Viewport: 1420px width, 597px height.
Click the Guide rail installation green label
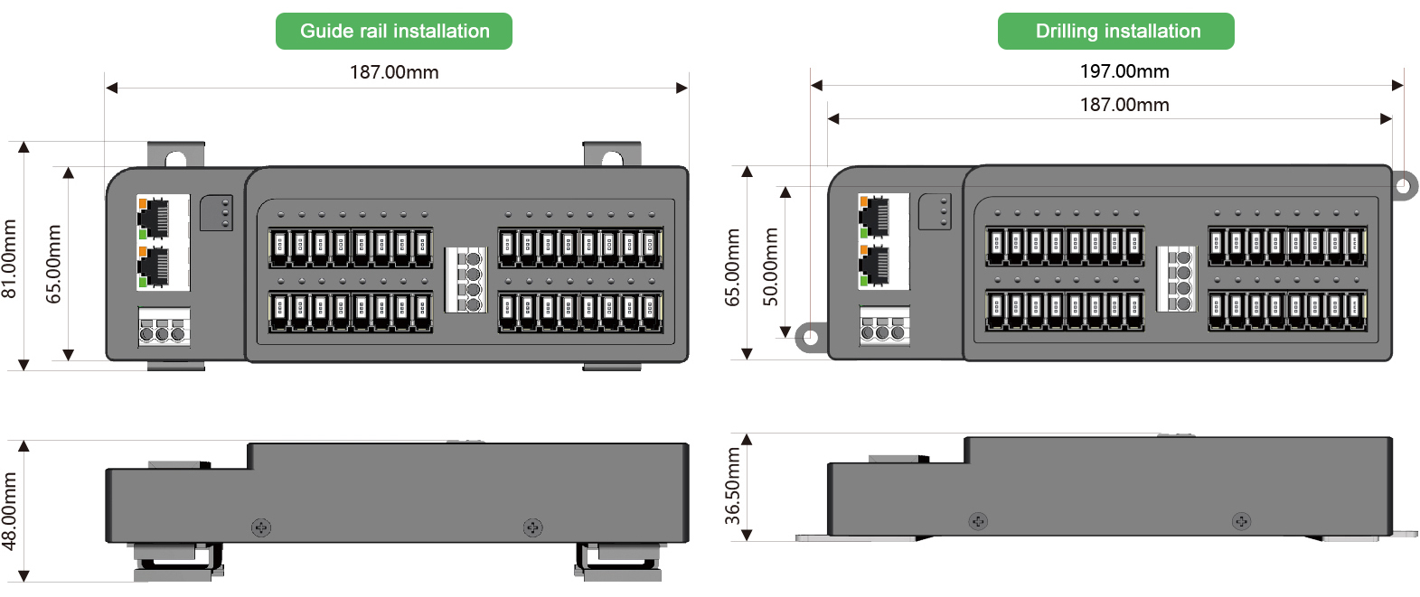click(394, 32)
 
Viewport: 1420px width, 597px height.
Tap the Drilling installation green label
click(1116, 32)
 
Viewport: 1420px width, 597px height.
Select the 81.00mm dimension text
click(10, 257)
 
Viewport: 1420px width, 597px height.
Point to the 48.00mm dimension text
click(10, 510)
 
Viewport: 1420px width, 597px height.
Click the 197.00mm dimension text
click(1124, 71)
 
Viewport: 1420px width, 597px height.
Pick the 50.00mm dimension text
click(770, 266)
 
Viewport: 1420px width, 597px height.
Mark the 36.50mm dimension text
click(733, 487)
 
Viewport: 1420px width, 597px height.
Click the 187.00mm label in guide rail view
click(394, 72)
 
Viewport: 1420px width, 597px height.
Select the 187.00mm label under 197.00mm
click(1124, 105)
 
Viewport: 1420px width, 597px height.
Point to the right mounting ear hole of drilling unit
click(1402, 187)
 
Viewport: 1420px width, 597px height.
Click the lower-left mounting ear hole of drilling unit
click(810, 338)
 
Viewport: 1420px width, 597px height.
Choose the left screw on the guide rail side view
click(261, 527)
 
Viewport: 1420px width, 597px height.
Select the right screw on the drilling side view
click(1241, 521)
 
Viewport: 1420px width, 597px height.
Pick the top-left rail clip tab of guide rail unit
click(175, 156)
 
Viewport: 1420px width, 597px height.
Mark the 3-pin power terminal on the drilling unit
click(883, 327)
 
